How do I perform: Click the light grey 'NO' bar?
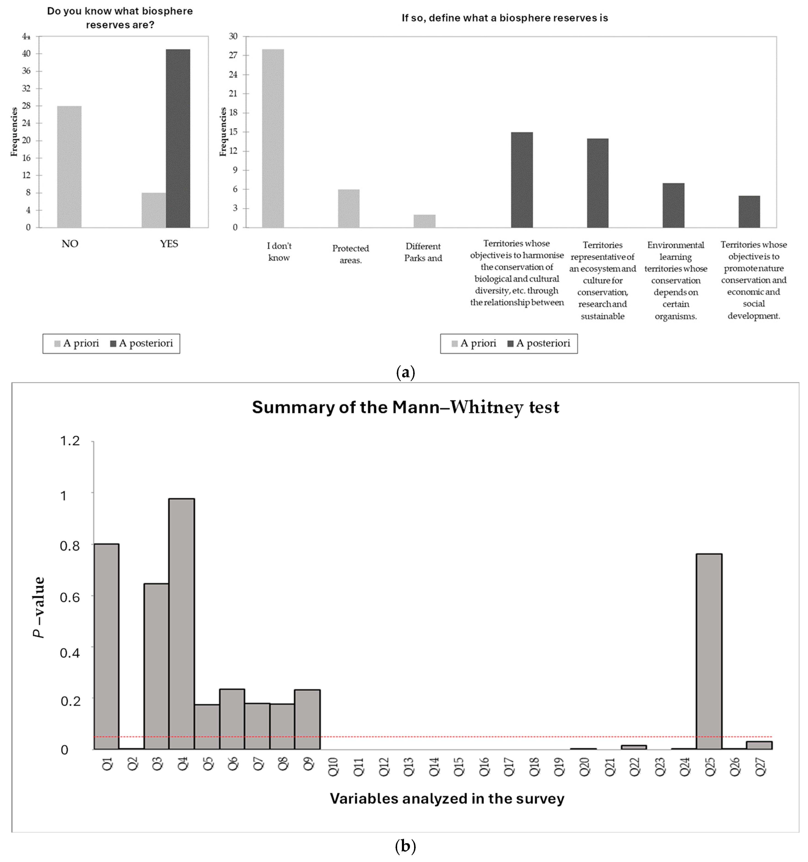point(69,167)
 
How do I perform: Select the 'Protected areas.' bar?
point(349,208)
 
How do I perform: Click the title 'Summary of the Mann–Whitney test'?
point(406,407)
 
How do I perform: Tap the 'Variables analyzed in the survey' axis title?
point(447,799)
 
